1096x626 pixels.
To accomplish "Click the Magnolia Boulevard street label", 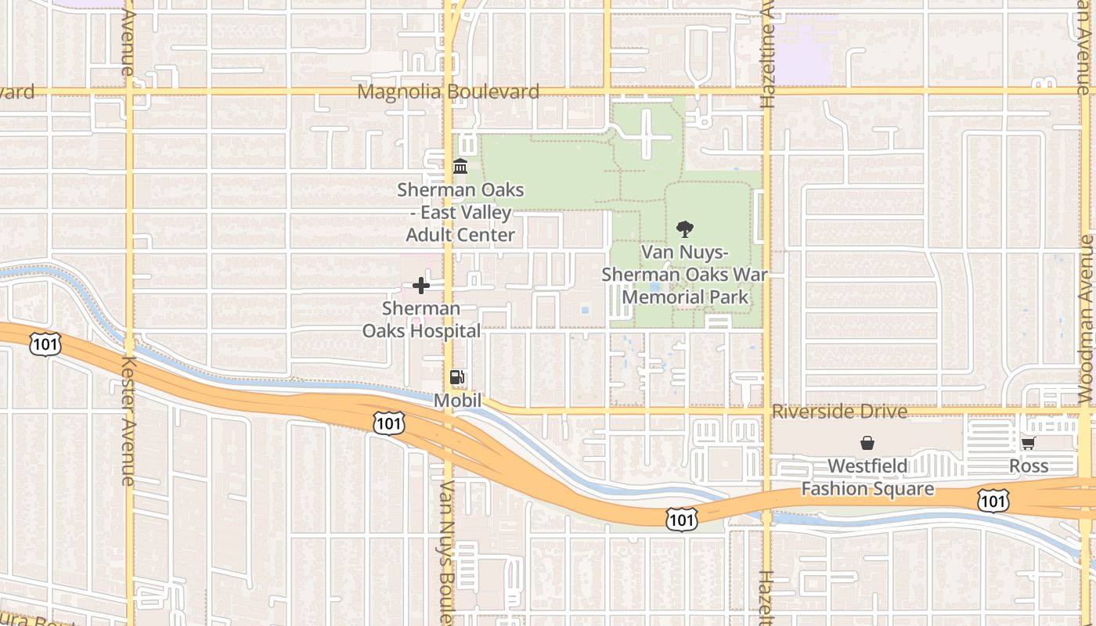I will (448, 92).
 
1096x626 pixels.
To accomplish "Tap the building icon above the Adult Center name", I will (460, 167).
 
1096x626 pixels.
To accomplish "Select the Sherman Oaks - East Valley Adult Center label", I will (460, 212).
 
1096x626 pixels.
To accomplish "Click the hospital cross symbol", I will (421, 286).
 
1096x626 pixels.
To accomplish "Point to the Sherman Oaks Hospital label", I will (421, 320).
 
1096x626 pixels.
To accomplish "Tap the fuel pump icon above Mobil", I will (457, 378).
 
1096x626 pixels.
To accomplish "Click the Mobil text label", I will (457, 400).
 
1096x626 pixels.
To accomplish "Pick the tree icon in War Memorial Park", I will (685, 229).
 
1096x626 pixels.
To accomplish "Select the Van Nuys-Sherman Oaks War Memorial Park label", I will (685, 275).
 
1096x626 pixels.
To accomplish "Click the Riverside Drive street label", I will (839, 412).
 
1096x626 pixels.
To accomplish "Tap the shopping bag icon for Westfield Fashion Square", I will (867, 444).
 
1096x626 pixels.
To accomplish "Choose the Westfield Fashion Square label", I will (867, 477).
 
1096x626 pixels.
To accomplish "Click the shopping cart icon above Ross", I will (1028, 444).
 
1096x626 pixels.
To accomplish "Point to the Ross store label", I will (1028, 466).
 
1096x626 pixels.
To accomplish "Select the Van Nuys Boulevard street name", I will (447, 552).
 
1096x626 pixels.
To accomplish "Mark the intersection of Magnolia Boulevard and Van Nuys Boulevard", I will (449, 92).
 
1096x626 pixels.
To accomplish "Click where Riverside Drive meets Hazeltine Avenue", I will (766, 409).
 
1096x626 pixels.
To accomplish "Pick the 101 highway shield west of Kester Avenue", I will (45, 343).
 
